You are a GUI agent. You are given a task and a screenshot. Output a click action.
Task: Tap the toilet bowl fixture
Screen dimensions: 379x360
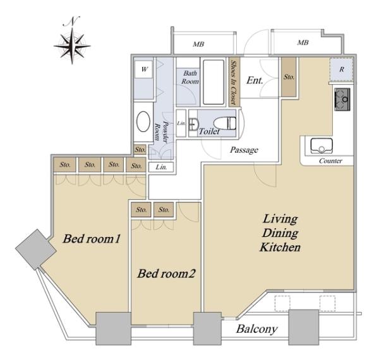pyautogui.click(x=225, y=123)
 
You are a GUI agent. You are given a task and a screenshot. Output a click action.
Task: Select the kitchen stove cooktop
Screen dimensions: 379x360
pyautogui.click(x=342, y=100)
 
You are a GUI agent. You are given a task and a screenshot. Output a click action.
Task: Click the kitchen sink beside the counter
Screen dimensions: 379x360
pyautogui.click(x=322, y=145)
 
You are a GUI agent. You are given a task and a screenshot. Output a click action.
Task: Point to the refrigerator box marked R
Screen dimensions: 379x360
pyautogui.click(x=342, y=69)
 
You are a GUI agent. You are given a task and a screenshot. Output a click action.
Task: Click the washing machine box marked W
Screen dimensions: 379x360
pyautogui.click(x=144, y=69)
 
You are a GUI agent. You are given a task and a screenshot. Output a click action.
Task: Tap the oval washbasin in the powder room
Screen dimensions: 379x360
pyautogui.click(x=143, y=121)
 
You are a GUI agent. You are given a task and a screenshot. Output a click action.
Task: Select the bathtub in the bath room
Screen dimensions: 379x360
pyautogui.click(x=214, y=82)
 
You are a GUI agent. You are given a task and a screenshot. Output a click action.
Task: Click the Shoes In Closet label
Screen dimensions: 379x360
pyautogui.click(x=234, y=82)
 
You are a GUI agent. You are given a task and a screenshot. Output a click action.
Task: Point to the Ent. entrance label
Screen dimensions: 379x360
pyautogui.click(x=255, y=80)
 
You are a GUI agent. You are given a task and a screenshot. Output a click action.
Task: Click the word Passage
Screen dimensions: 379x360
pyautogui.click(x=244, y=150)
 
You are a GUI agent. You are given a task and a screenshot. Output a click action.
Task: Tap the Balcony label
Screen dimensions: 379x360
pyautogui.click(x=256, y=329)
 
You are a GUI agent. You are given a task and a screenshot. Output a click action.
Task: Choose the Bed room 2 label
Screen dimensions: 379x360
pyautogui.click(x=166, y=273)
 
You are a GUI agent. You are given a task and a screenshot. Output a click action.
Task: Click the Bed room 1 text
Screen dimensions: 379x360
pyautogui.click(x=92, y=239)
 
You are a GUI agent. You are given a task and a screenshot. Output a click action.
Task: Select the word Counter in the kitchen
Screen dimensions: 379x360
pyautogui.click(x=330, y=161)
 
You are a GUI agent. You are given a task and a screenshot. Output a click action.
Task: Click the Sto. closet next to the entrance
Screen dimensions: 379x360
pyautogui.click(x=289, y=77)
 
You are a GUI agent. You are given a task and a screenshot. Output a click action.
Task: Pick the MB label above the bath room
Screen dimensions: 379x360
pyautogui.click(x=198, y=44)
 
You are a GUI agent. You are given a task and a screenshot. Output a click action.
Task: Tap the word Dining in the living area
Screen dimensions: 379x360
pyautogui.click(x=280, y=234)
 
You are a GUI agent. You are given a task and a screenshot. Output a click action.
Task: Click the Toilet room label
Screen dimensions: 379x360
pyautogui.click(x=209, y=131)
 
